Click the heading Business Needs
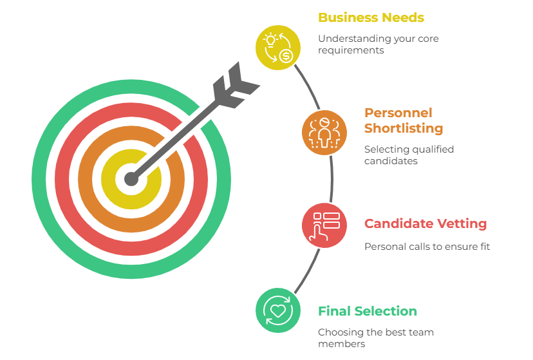(x=371, y=17)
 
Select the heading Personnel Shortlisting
(x=403, y=120)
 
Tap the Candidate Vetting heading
(x=425, y=224)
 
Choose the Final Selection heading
(x=367, y=311)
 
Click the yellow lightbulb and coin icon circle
(x=277, y=46)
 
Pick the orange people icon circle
(x=324, y=133)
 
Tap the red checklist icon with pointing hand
(x=324, y=225)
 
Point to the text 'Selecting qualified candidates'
(x=408, y=155)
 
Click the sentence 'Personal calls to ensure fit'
(x=427, y=246)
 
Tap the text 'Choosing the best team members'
(x=375, y=338)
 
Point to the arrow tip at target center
(x=131, y=178)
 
